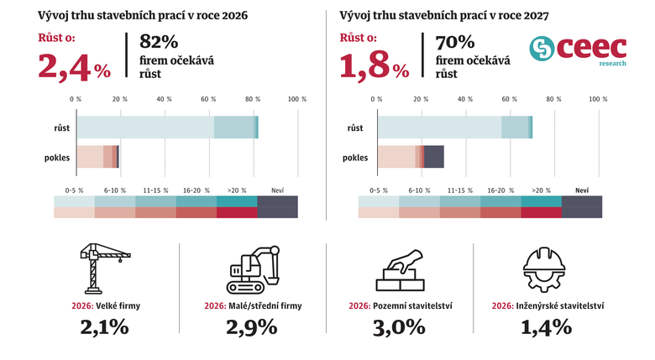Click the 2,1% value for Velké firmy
[106, 327]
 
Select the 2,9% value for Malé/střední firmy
[251, 327]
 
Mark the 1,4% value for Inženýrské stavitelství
[548, 327]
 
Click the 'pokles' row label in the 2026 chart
[57, 157]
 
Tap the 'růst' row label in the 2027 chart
[355, 128]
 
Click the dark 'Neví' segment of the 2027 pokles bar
[433, 157]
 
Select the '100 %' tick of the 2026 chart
[297, 99]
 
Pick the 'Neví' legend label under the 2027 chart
[582, 190]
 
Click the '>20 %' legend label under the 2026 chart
[237, 190]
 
